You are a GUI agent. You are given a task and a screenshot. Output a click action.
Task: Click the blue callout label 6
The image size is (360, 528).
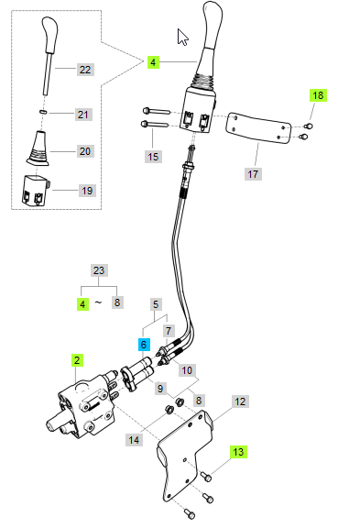pos(144,345)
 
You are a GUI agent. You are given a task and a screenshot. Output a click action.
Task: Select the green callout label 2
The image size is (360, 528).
pos(77,360)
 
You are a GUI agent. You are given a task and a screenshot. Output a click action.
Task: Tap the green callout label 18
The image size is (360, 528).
pos(318,95)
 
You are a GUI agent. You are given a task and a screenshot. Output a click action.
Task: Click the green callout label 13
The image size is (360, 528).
pos(238,452)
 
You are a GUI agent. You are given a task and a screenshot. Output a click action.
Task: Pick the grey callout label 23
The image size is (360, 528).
pos(99,270)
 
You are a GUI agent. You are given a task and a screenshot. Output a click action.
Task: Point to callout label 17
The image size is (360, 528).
pos(253,174)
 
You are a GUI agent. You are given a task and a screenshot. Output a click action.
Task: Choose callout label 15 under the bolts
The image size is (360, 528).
pos(153,157)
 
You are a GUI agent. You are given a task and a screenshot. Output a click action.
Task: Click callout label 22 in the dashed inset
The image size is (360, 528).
pos(85,70)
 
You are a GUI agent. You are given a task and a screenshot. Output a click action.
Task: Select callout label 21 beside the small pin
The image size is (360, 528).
pos(83,115)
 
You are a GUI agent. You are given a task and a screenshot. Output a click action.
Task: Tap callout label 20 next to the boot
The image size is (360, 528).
pos(85,151)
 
